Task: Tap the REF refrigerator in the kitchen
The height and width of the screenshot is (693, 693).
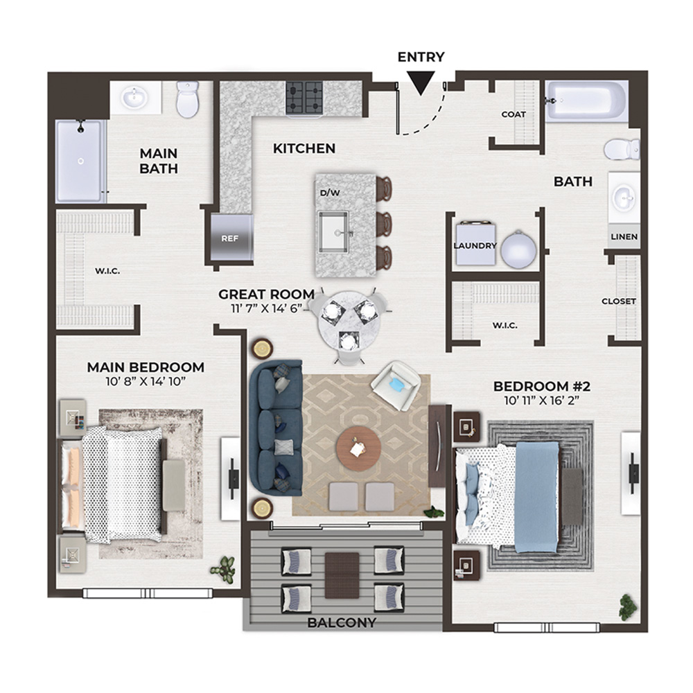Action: (231, 238)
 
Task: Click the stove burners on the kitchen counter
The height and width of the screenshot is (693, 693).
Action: (304, 98)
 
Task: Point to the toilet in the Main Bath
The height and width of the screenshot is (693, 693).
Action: (188, 98)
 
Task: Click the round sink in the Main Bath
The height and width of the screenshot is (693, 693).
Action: (135, 98)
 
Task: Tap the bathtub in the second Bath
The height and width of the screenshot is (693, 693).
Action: (586, 100)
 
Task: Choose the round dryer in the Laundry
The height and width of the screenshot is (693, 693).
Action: (519, 249)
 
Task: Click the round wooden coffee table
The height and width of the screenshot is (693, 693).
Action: (358, 449)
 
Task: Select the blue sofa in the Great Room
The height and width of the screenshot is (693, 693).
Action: (276, 428)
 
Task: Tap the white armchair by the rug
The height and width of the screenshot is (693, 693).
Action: (395, 385)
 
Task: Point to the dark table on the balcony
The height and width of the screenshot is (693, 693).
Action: (342, 575)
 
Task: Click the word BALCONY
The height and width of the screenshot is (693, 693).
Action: (342, 623)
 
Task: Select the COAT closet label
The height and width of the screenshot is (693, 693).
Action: (514, 114)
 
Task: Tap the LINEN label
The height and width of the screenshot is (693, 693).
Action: (624, 237)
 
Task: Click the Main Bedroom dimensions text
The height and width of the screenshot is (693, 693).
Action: (146, 381)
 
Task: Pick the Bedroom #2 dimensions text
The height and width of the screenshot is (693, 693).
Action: (542, 401)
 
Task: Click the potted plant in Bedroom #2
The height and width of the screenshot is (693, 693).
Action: (629, 606)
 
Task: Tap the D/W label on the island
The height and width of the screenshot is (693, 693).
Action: (330, 193)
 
